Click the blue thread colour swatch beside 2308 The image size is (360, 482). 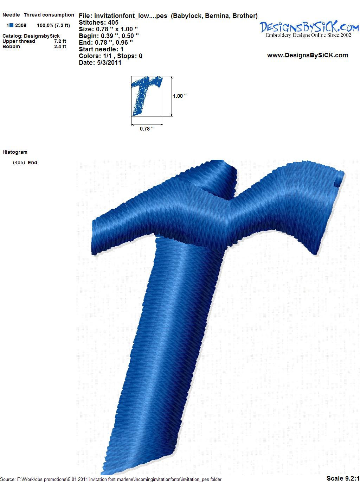click(x=11, y=25)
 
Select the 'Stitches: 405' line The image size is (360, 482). click(x=98, y=23)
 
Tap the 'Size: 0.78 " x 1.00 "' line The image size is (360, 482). click(x=108, y=29)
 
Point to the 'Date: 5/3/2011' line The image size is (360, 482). click(x=100, y=63)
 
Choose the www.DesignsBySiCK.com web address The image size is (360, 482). click(x=308, y=55)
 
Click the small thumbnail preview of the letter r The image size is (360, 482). click(x=147, y=96)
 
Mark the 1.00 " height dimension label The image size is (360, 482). click(x=180, y=96)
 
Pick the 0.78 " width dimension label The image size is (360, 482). click(x=147, y=129)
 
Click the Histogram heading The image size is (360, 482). click(x=15, y=152)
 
